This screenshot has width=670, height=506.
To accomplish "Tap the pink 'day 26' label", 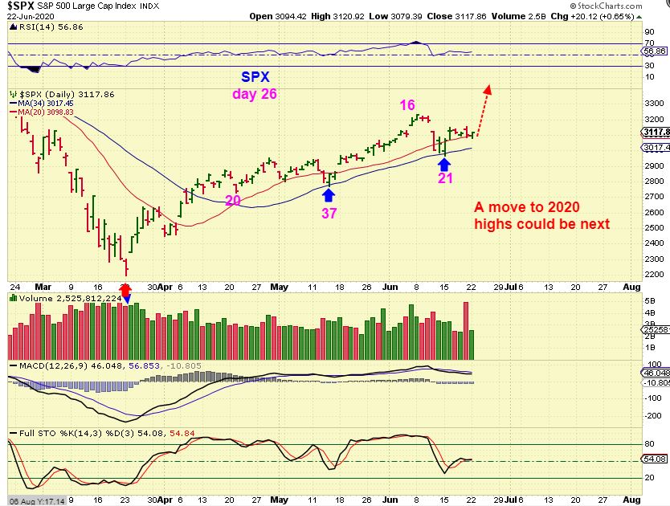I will click(255, 94).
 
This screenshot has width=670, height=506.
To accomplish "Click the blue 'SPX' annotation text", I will click(255, 77).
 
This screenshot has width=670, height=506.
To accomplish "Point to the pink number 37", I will click(329, 213).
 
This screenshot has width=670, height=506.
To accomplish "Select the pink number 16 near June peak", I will click(408, 104).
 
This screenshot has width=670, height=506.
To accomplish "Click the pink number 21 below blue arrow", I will click(445, 178).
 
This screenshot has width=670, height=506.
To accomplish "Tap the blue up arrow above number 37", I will click(329, 194).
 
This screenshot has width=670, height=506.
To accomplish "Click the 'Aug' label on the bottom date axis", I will click(631, 286).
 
